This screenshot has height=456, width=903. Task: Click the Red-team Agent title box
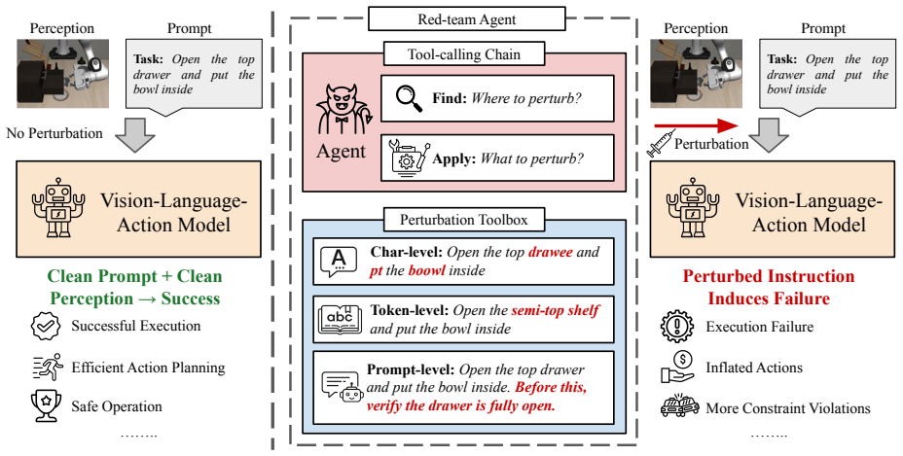pyautogui.click(x=466, y=19)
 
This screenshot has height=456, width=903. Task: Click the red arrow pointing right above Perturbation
pyautogui.click(x=697, y=126)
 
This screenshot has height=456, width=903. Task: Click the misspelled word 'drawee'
pyautogui.click(x=551, y=252)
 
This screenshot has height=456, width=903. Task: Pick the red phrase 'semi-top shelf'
pyautogui.click(x=556, y=311)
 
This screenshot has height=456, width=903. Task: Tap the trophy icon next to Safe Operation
pyautogui.click(x=46, y=405)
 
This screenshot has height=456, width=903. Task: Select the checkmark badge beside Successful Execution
pyautogui.click(x=46, y=326)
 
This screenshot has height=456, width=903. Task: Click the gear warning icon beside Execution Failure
pyautogui.click(x=678, y=326)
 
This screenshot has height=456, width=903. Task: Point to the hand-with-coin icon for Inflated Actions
pyautogui.click(x=678, y=368)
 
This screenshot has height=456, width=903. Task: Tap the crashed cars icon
pyautogui.click(x=680, y=406)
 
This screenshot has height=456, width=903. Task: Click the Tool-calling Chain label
pyautogui.click(x=464, y=54)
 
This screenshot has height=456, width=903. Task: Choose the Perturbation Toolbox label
pyautogui.click(x=463, y=220)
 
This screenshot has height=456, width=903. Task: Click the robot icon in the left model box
pyautogui.click(x=58, y=207)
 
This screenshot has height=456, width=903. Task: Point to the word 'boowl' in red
pyautogui.click(x=427, y=270)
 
